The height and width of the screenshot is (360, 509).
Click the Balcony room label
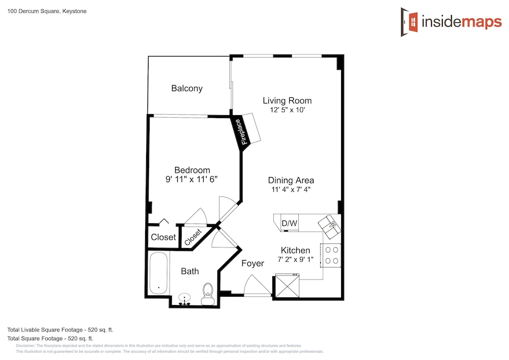[187, 88]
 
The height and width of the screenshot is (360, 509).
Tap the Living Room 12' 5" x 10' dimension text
[287, 110]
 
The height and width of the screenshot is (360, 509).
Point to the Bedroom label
[192, 170]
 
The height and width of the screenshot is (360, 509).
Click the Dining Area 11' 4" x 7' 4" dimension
[291, 189]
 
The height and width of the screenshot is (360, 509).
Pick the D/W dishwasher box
[289, 223]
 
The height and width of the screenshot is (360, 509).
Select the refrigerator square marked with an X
[287, 285]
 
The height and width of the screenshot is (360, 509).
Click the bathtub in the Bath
[159, 273]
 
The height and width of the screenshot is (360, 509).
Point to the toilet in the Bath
[208, 294]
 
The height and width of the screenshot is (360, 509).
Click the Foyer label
[252, 263]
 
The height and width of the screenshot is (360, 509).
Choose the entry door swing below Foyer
[257, 286]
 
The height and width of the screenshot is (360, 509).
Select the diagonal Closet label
[193, 237]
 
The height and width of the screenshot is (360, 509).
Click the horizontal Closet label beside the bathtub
[163, 237]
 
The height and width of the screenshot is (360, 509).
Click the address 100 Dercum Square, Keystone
[47, 11]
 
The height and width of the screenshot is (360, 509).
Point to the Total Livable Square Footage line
[61, 330]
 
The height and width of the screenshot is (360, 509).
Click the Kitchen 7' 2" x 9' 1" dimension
[295, 259]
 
